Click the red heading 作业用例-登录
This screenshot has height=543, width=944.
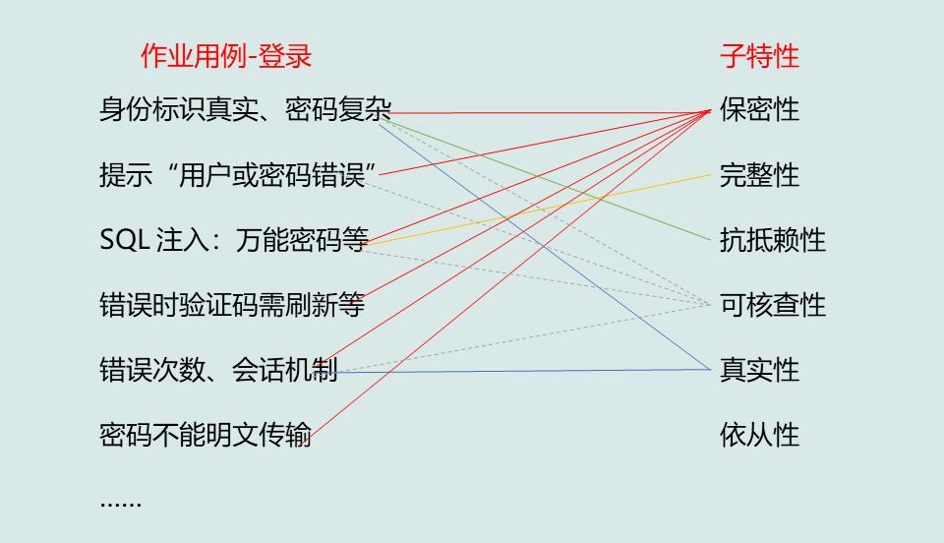(x=225, y=57)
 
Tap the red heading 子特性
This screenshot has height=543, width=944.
(x=759, y=57)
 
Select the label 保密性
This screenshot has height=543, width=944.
(x=759, y=109)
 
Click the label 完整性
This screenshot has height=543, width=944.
(x=759, y=175)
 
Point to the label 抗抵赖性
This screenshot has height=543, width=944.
(x=772, y=240)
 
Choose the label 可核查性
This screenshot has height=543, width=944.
(x=772, y=305)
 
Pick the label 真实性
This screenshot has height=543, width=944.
(x=759, y=370)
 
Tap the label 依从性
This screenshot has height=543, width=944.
(x=759, y=435)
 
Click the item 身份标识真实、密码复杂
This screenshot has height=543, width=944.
(x=245, y=109)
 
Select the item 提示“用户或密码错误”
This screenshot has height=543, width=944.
(x=239, y=175)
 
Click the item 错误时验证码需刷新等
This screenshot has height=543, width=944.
(x=232, y=305)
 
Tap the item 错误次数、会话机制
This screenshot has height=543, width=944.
(x=218, y=370)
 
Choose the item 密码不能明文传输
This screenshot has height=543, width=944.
(x=206, y=435)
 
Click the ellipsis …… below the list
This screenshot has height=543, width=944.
(x=121, y=502)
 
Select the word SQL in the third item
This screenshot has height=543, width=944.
(x=124, y=240)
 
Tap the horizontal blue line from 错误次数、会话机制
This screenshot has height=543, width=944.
(x=531, y=370)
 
